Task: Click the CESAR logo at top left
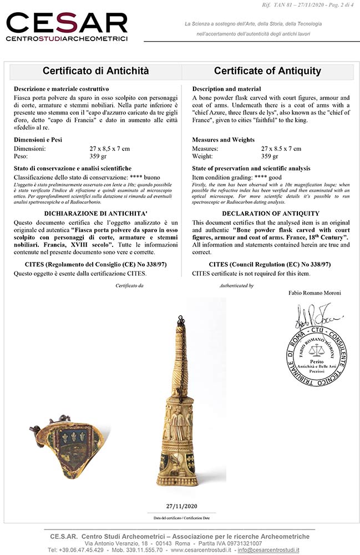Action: [67, 27]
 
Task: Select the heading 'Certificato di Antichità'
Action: [95, 71]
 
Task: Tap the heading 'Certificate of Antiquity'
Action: [267, 71]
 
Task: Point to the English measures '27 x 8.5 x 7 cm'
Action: [281, 149]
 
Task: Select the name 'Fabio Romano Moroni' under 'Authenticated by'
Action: [315, 292]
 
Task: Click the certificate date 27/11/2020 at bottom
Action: [181, 506]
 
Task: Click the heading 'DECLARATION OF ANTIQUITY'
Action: [271, 213]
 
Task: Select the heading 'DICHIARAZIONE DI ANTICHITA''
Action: [95, 213]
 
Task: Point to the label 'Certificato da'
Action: [129, 286]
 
